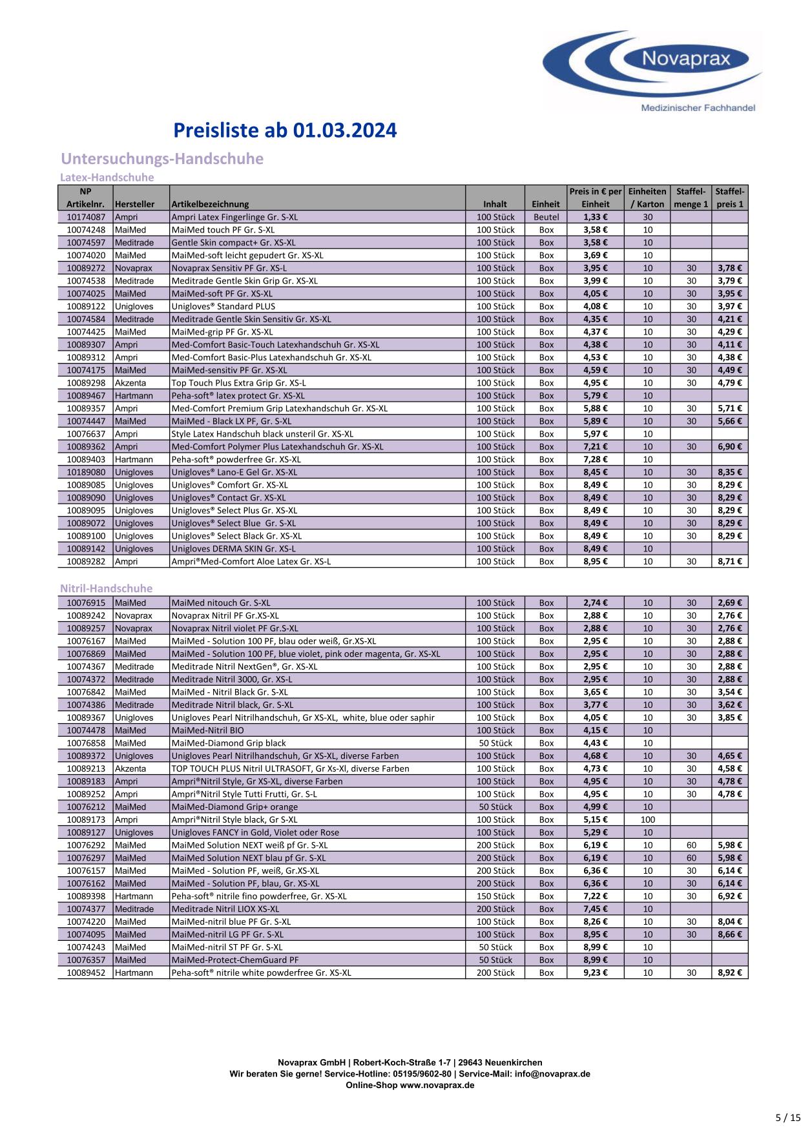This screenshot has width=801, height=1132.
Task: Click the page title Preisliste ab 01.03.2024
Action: tap(285, 131)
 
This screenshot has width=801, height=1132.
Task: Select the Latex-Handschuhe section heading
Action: tap(107, 177)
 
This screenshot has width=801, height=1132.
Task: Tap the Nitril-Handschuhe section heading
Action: tap(106, 588)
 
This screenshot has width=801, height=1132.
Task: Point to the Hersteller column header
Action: tap(134, 204)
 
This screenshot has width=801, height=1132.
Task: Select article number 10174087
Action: tap(85, 217)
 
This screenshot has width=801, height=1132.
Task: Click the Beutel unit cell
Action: tap(546, 217)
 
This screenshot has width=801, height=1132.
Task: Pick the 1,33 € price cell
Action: tap(595, 217)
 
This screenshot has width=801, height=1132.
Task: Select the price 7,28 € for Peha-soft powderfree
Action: tap(595, 459)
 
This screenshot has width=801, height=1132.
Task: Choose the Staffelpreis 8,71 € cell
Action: tap(730, 561)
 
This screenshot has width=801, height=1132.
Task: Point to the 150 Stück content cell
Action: tap(495, 896)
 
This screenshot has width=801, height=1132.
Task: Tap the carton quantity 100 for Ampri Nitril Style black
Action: tap(647, 819)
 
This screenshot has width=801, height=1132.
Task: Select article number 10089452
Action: tap(85, 972)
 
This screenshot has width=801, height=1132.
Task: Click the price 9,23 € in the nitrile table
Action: tap(595, 972)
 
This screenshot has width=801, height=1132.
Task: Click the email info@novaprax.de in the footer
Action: tap(552, 1074)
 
